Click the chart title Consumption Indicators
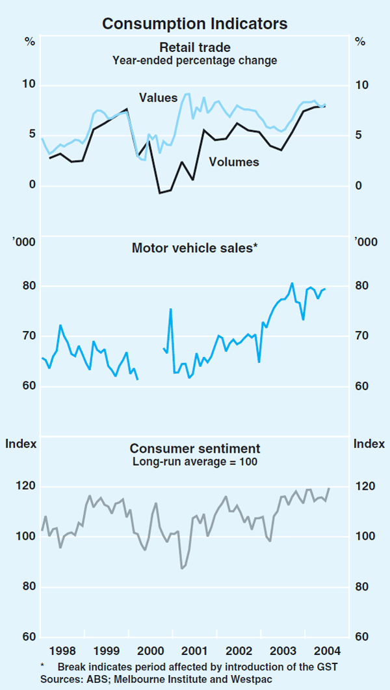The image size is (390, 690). click(x=194, y=24)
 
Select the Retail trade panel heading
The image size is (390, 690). click(x=194, y=47)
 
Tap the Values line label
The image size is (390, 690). click(x=158, y=98)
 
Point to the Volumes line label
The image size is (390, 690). click(x=233, y=162)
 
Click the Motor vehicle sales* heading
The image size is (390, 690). click(x=194, y=248)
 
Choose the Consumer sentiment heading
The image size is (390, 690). click(x=194, y=449)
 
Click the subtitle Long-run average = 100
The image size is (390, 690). click(x=194, y=462)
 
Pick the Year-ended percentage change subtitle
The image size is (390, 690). click(x=194, y=60)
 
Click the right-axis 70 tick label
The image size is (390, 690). click(x=361, y=336)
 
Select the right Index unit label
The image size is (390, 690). click(x=369, y=444)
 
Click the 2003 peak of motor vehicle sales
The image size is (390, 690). click(x=292, y=283)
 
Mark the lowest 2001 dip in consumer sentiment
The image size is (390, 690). click(x=182, y=568)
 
